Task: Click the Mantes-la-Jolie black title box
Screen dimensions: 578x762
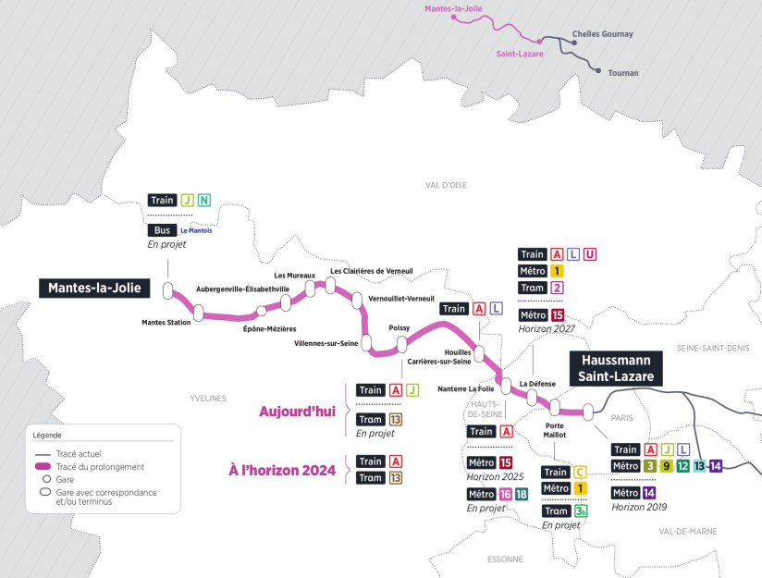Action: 92,288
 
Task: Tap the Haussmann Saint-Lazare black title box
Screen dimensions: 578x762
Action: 616,367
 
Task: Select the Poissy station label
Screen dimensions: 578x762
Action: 399,328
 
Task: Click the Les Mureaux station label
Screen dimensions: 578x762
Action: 294,276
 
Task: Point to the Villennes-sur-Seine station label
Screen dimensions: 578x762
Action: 326,342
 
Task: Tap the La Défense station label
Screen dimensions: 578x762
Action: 537,383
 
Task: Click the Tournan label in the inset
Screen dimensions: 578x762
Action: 622,72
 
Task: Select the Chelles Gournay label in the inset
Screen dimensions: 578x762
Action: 603,34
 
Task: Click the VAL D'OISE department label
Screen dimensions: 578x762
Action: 446,185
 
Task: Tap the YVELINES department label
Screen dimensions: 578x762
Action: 208,399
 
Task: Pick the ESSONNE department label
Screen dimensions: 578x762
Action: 505,559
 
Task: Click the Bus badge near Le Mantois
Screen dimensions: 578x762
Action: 162,230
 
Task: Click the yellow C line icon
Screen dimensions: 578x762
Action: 580,473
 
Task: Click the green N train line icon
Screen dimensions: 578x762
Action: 203,200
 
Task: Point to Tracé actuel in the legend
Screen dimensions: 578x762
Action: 78,454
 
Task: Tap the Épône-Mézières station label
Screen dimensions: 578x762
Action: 269,329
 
